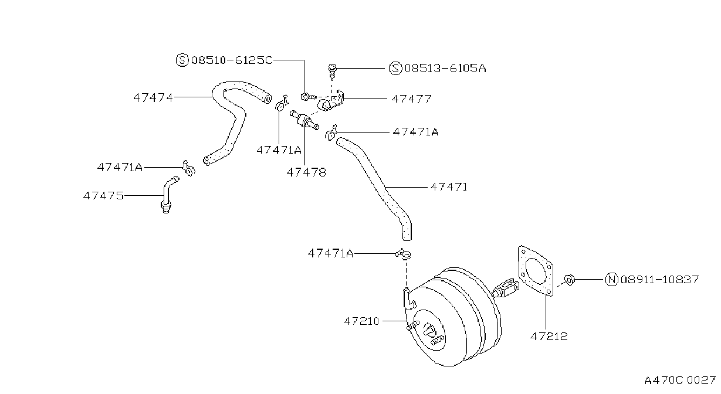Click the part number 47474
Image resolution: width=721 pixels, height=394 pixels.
click(x=153, y=97)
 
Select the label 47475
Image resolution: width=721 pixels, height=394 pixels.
click(x=103, y=196)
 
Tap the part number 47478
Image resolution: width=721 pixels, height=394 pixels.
click(x=306, y=172)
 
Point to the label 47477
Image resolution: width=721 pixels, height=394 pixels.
click(x=411, y=98)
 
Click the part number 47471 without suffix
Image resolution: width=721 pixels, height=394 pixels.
click(x=449, y=187)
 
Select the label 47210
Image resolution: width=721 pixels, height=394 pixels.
click(x=361, y=321)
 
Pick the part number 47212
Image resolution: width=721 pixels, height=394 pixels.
click(x=549, y=337)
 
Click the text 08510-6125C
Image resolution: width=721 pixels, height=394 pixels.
click(x=232, y=60)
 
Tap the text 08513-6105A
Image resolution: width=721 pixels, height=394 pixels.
click(x=445, y=68)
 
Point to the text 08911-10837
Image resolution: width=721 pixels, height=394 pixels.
click(x=659, y=279)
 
